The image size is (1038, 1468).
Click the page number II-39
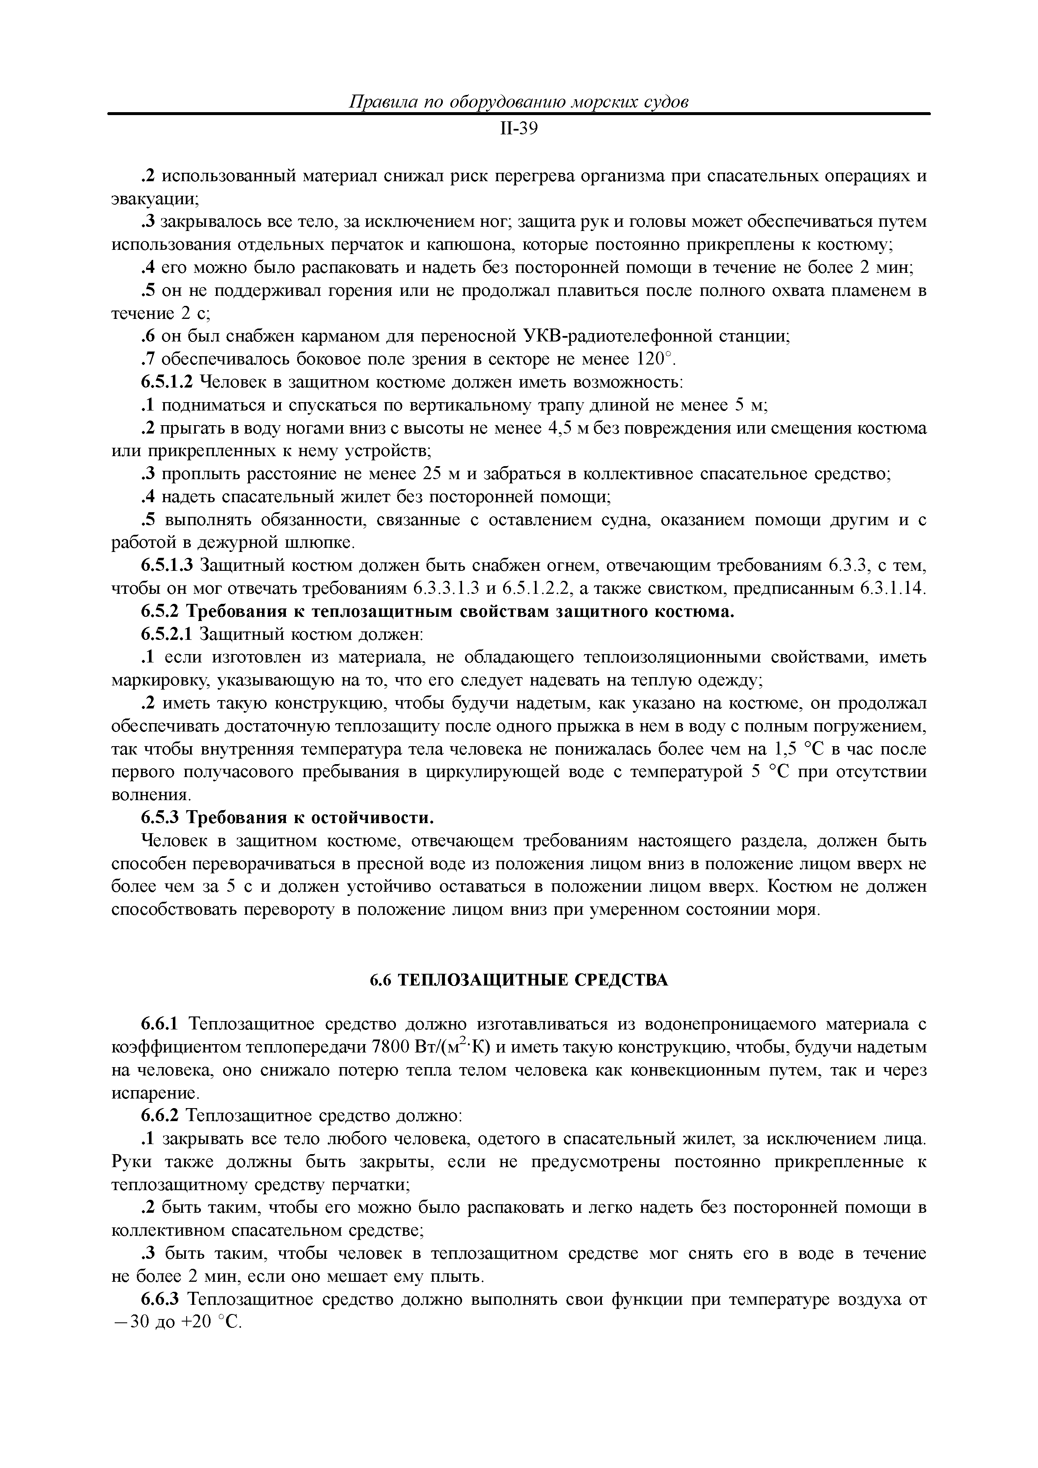(518, 129)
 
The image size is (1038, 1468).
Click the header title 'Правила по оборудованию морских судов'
(519, 102)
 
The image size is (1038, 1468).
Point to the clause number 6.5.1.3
(166, 566)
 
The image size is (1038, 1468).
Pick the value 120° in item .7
(653, 359)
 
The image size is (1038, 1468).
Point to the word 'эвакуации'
(154, 199)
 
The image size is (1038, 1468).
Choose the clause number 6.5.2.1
(166, 635)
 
